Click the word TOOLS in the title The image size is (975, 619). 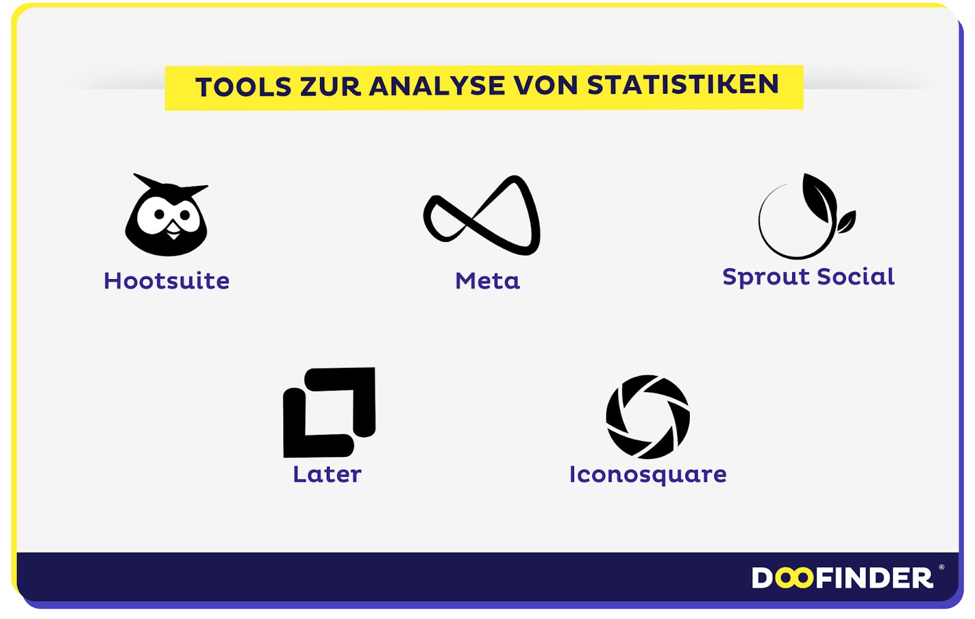(x=243, y=87)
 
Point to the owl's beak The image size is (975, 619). (x=174, y=230)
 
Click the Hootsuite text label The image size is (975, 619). (x=167, y=281)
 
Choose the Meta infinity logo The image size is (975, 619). (x=482, y=215)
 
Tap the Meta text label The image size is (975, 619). (x=487, y=281)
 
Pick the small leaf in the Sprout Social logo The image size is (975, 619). (x=846, y=222)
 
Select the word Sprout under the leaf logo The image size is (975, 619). (x=765, y=277)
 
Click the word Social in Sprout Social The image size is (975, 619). (x=856, y=277)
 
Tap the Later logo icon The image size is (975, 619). (x=329, y=412)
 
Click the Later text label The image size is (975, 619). (x=327, y=474)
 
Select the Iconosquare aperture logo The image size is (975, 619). (x=648, y=417)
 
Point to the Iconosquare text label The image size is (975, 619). (x=648, y=475)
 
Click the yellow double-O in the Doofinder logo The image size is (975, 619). (x=794, y=578)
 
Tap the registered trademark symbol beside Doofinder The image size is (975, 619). (x=941, y=567)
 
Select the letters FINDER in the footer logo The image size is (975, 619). (x=874, y=578)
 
